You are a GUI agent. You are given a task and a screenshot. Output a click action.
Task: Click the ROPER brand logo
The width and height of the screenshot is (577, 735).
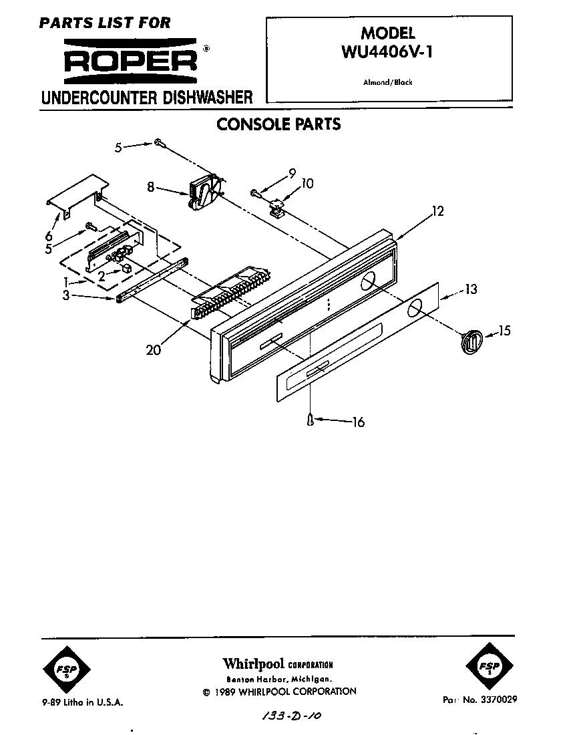click(131, 58)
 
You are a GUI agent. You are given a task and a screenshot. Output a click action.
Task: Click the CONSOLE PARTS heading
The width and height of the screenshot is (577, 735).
click(278, 124)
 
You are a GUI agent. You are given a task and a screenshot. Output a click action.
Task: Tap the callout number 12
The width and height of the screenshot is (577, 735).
click(437, 212)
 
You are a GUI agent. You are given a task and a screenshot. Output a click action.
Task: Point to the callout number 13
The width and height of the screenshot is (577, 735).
click(471, 289)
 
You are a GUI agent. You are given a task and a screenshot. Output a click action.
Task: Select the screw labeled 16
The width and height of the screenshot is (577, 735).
click(311, 419)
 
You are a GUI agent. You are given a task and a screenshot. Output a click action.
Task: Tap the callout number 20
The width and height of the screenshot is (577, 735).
click(154, 349)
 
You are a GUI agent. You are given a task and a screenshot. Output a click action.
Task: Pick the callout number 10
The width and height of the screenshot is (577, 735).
click(307, 183)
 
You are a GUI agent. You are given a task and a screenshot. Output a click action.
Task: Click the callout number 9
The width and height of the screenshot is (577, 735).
click(291, 173)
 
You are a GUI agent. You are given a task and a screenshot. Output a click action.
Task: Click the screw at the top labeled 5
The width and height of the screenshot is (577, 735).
click(158, 142)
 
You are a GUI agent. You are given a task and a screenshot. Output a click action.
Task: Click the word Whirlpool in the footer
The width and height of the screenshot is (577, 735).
click(252, 664)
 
